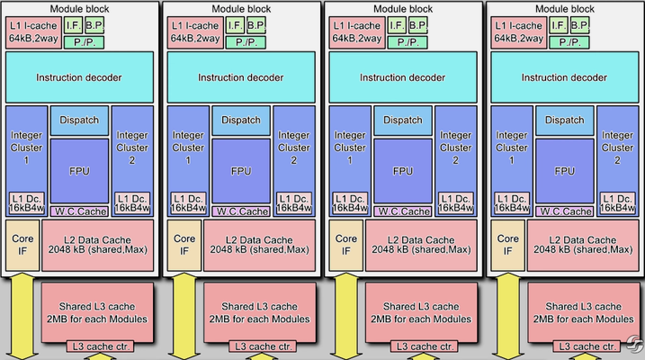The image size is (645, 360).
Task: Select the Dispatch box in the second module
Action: tap(241, 120)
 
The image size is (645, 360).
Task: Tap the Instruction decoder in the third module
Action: tap(403, 77)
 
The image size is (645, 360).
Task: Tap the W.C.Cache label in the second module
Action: tap(241, 211)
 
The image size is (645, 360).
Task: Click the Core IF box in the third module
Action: tap(344, 245)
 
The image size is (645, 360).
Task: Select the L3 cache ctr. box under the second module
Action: tap(261, 346)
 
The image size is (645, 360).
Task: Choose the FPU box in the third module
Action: tap(403, 170)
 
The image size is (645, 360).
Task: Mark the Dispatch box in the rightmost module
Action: tap(564, 120)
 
